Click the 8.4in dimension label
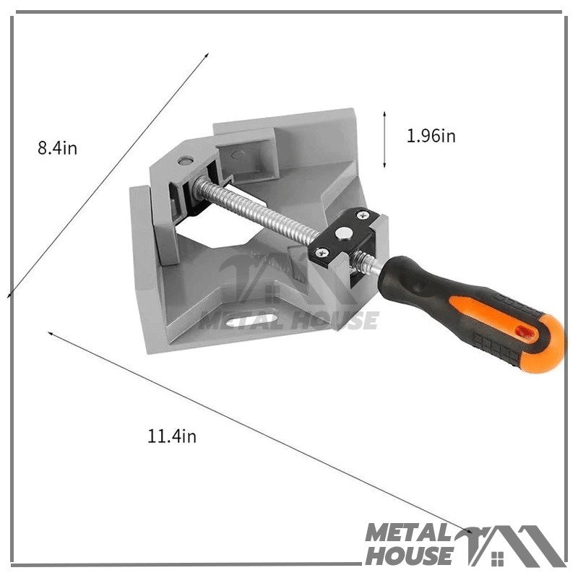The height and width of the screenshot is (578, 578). coord(58,148)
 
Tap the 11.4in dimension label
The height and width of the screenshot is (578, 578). coord(172,436)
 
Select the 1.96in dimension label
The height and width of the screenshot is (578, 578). coord(431,136)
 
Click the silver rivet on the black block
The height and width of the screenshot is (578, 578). coord(343,233)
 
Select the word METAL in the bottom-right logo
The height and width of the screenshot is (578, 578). coord(408,533)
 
